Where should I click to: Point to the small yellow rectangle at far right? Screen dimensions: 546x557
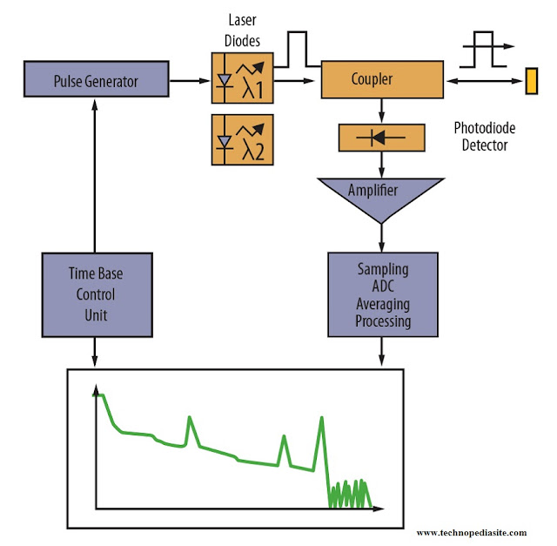click(532, 81)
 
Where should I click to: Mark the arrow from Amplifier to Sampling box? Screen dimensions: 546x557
click(381, 237)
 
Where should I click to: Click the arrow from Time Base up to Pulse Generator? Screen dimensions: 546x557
click(94, 174)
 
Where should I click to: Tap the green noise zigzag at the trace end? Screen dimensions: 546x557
click(350, 493)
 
